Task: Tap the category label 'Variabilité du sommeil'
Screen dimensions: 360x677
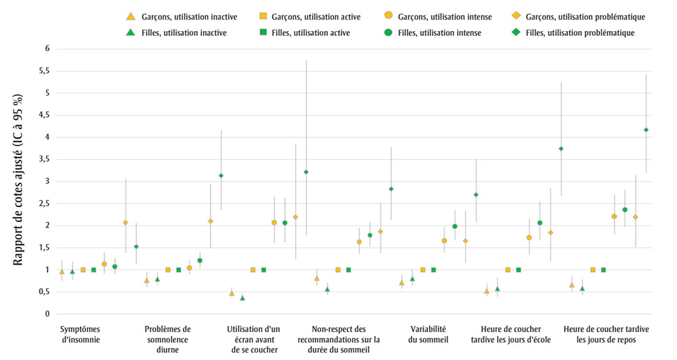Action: click(422, 334)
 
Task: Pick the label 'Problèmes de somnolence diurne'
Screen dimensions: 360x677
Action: click(168, 334)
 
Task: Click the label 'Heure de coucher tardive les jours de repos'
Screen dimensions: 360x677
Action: click(606, 334)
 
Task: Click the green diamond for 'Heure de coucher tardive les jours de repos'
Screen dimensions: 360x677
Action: click(646, 130)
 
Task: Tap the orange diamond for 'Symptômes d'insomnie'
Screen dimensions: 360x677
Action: click(125, 223)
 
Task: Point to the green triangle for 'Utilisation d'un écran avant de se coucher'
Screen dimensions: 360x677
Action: click(242, 298)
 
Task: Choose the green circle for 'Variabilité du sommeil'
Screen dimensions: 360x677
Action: click(455, 227)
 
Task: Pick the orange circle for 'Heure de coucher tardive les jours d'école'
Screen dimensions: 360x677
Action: click(529, 238)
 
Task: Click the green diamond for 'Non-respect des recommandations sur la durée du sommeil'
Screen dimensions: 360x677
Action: click(391, 189)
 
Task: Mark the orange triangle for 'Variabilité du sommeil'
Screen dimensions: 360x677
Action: click(401, 283)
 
